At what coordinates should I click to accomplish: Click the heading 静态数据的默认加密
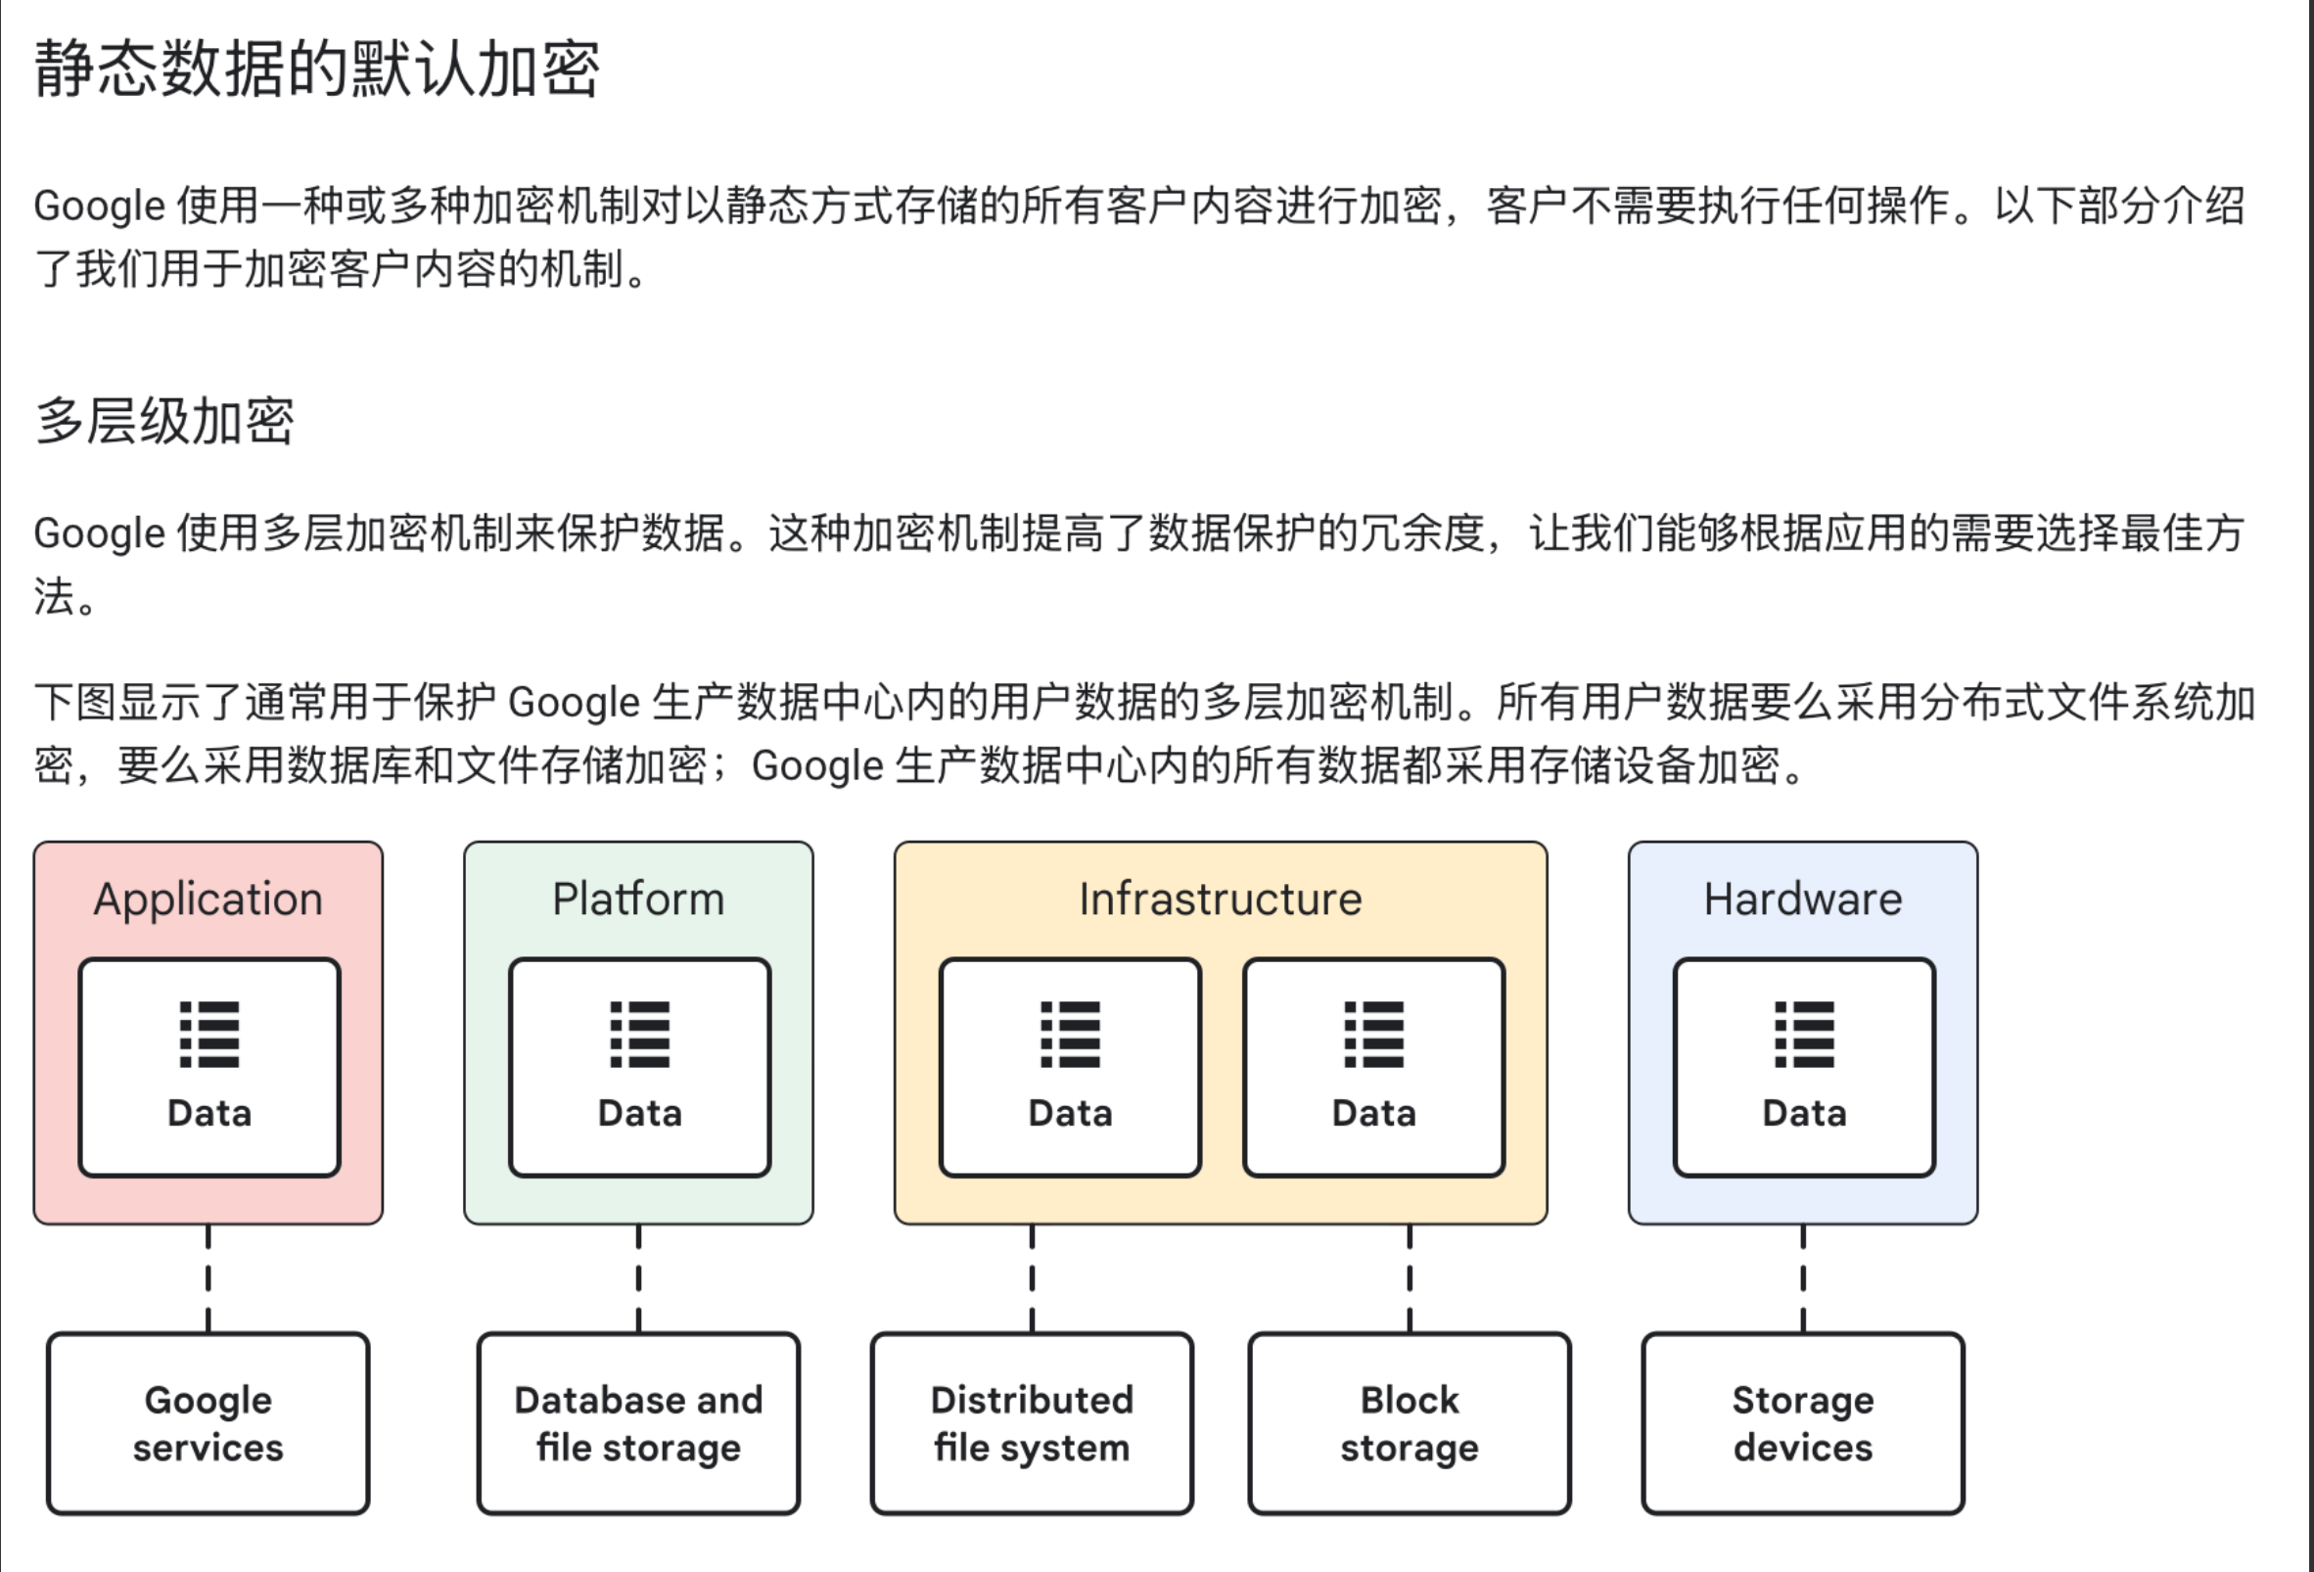[x=316, y=69]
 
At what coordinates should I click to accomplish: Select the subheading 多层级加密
[x=164, y=421]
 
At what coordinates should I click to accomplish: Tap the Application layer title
[x=208, y=899]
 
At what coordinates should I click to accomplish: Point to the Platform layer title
[x=638, y=899]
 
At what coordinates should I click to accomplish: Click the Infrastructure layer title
[x=1220, y=899]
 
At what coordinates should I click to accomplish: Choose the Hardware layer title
[x=1802, y=899]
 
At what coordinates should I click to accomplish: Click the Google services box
[x=208, y=1422]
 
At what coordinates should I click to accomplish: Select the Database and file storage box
[x=638, y=1422]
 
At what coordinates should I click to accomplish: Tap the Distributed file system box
[x=1032, y=1422]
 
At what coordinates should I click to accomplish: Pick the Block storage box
[x=1409, y=1422]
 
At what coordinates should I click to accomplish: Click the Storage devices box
[x=1802, y=1422]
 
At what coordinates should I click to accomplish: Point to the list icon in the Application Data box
[x=209, y=1035]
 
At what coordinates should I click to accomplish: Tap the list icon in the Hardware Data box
[x=1804, y=1035]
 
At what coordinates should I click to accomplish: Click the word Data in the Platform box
[x=639, y=1113]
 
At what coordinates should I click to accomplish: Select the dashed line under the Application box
[x=208, y=1278]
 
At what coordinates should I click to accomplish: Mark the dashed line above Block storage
[x=1409, y=1278]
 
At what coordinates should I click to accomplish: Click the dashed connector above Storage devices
[x=1803, y=1278]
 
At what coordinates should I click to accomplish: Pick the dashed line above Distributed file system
[x=1032, y=1278]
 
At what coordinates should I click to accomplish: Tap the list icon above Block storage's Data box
[x=1374, y=1035]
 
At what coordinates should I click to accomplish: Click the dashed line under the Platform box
[x=638, y=1278]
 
